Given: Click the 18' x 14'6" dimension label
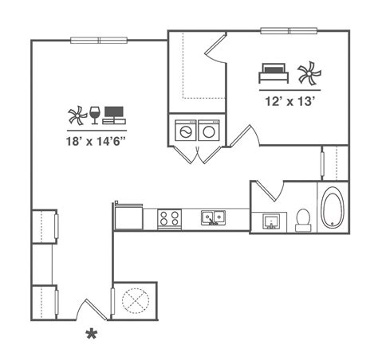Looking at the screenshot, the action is tap(96, 141).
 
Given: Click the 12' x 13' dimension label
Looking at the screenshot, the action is tap(290, 101).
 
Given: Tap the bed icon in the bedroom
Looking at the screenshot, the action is tap(274, 73).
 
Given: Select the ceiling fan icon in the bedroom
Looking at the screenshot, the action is tap(309, 73).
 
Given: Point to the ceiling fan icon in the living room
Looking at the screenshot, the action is tap(77, 115).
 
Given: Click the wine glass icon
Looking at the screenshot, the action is tap(94, 115).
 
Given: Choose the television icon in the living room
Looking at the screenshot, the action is tap(114, 115).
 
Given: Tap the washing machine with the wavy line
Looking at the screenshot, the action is tap(186, 131).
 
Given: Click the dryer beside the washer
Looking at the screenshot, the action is tap(209, 131).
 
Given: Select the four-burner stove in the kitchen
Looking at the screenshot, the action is tap(169, 219).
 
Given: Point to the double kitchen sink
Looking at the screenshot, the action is tap(213, 218).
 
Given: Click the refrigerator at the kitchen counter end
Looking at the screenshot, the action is tap(128, 217).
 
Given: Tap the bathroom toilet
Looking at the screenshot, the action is tap(303, 220).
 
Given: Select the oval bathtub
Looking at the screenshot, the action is tap(333, 207).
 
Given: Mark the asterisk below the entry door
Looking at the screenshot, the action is tap(92, 334).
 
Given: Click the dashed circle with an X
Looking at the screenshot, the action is tap(136, 301).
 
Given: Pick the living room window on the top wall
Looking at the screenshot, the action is tap(99, 41).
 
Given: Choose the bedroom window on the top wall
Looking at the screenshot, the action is tap(289, 31).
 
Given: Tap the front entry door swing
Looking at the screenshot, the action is tap(92, 309).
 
